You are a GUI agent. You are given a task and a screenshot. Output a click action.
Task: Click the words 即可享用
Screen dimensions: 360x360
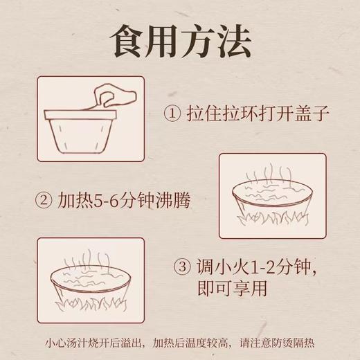pos(237,287)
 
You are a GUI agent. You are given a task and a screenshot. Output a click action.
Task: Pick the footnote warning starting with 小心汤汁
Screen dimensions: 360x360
pos(180,341)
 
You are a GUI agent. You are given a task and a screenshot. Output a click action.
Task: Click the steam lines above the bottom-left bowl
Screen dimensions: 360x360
pos(91,254)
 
